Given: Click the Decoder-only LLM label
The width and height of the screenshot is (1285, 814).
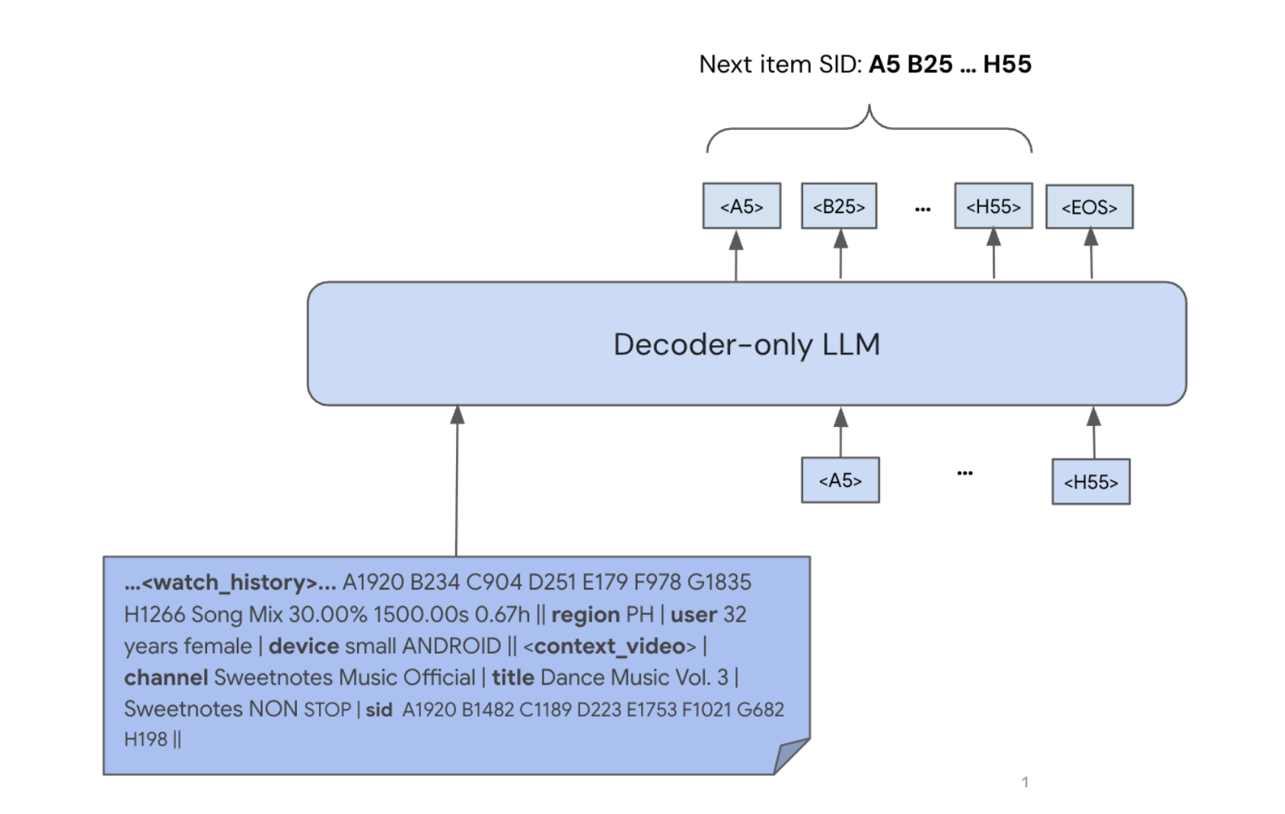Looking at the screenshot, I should pos(746,345).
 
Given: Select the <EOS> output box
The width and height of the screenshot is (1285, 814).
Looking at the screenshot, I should pos(1089,207).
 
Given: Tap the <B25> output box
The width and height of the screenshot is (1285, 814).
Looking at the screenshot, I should pos(839,206).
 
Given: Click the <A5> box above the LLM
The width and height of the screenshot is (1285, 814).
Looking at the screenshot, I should pos(741,206).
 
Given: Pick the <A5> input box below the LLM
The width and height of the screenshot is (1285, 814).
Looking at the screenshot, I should pos(840,480).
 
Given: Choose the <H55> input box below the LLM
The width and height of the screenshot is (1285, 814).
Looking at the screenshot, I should pos(1090,482).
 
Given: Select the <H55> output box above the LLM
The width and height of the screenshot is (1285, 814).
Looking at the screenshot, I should pos(993,206).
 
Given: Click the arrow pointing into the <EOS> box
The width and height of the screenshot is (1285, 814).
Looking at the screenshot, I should pos(1091,254).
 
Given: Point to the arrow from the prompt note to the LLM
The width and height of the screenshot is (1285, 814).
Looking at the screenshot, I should pos(457,479).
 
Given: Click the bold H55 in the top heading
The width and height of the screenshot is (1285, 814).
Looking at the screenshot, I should pos(1006,65).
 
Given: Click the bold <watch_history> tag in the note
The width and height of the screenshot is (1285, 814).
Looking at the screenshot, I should pos(229,583).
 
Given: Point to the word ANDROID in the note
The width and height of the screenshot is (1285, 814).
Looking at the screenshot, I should pos(451,646).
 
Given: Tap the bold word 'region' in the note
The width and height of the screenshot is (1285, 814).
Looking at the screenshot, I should pos(585,615).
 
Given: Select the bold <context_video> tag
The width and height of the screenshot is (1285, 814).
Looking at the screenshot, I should pos(609,646).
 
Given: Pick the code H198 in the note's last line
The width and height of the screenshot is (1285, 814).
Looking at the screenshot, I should pos(145,739).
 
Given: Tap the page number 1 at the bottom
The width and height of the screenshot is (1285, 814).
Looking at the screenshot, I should pos(1025,782).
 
